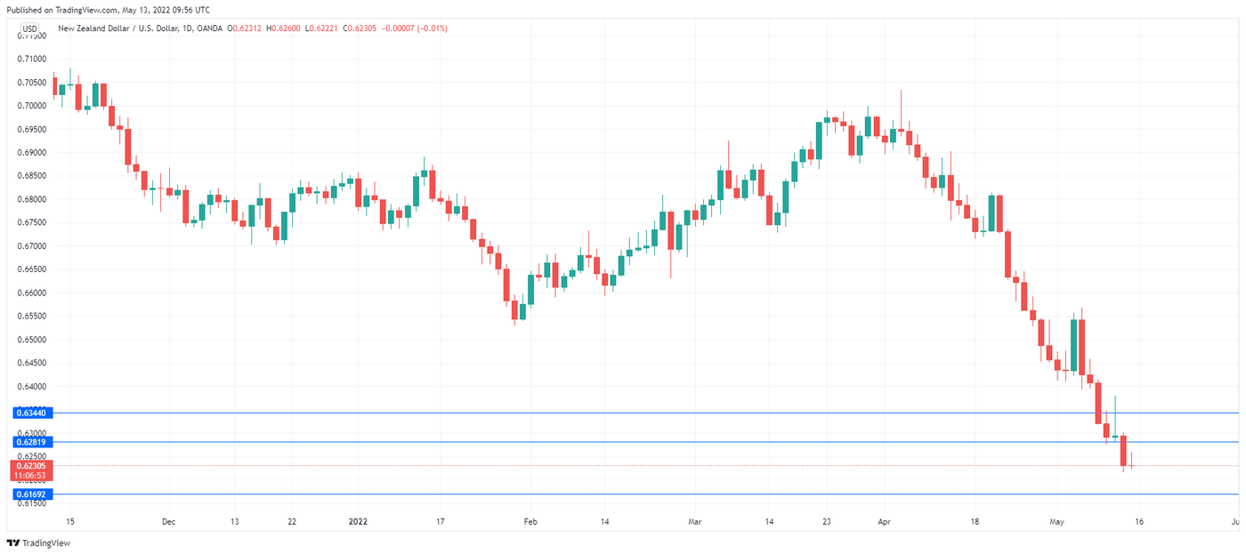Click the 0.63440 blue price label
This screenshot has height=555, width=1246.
click(x=30, y=413)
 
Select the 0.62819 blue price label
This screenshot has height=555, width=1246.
click(x=30, y=442)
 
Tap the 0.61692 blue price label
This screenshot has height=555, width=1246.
click(x=30, y=494)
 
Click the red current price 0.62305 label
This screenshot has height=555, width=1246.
click(x=30, y=465)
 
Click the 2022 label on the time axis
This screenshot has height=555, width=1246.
click(x=357, y=522)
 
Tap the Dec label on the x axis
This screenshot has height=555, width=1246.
click(x=169, y=522)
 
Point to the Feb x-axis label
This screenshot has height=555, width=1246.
click(x=530, y=522)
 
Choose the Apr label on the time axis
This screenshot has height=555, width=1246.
click(x=883, y=522)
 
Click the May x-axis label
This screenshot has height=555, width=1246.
click(x=1056, y=522)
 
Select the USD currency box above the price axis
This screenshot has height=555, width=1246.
click(x=29, y=28)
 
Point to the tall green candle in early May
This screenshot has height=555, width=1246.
click(x=1074, y=345)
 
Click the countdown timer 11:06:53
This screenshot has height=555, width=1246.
click(x=30, y=475)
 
